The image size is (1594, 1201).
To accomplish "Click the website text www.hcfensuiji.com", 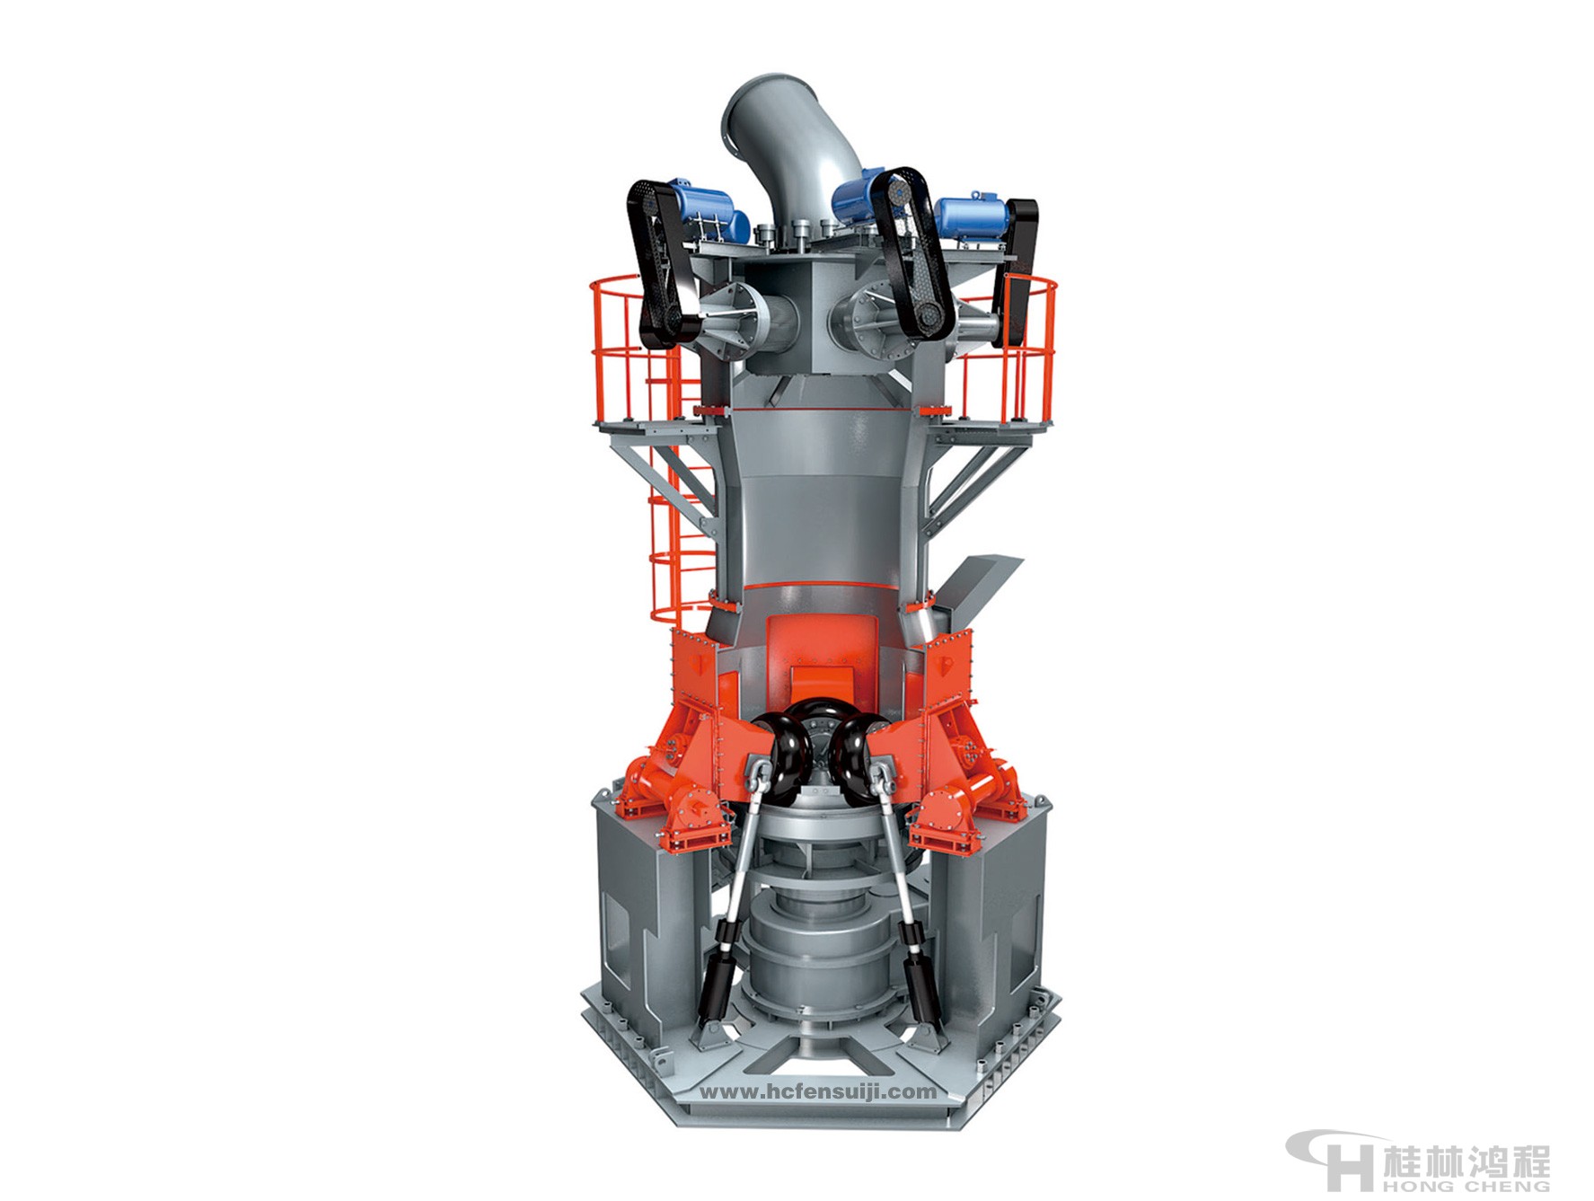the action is pos(817,1092).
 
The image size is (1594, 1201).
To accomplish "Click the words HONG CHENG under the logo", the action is pos(1466,1188).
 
